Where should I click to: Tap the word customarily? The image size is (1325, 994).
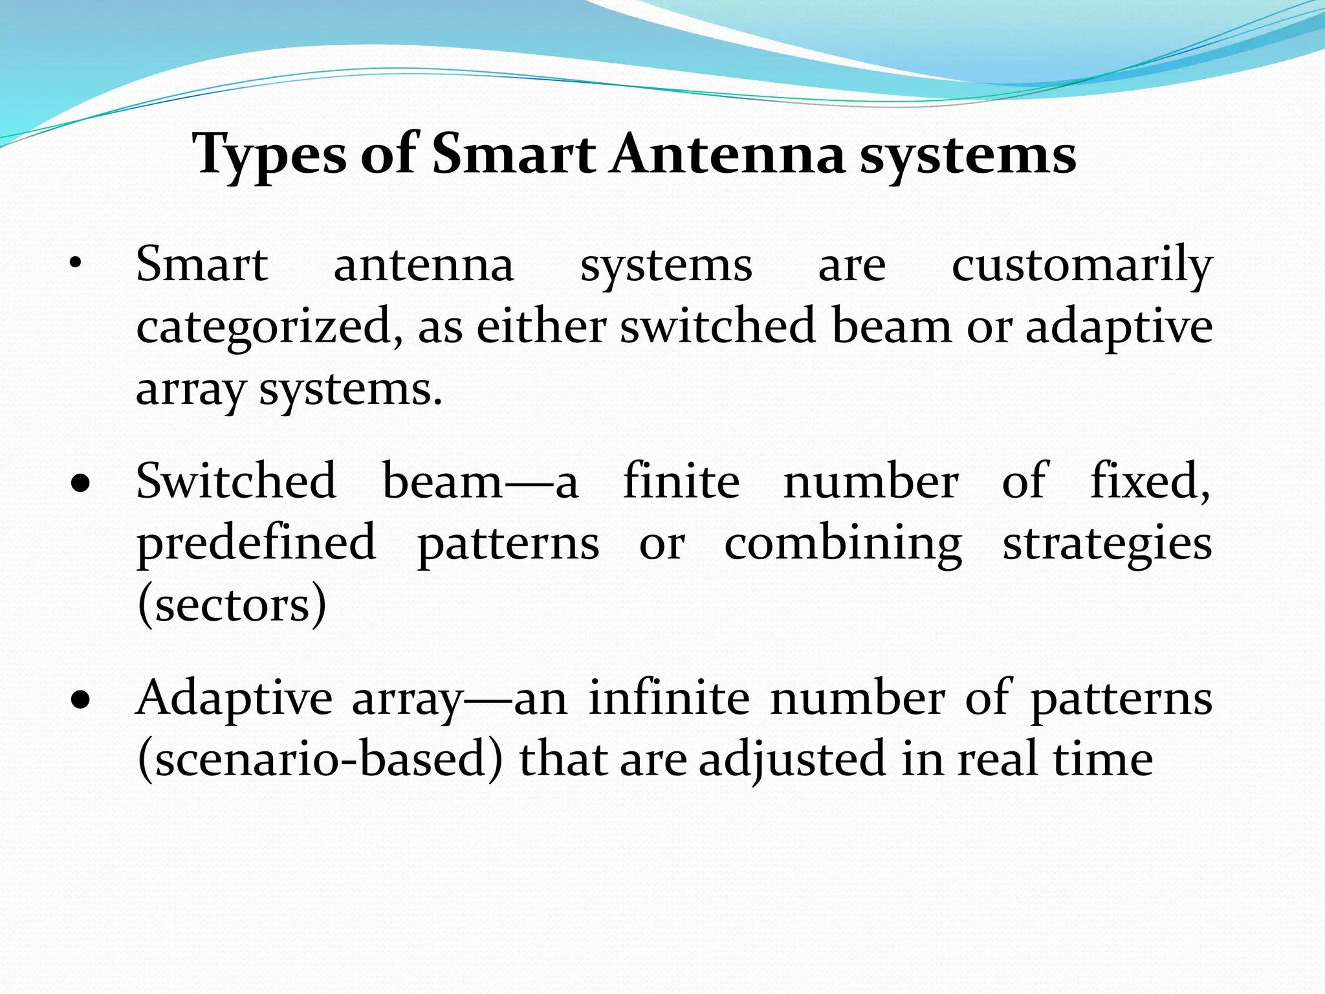pos(1082,265)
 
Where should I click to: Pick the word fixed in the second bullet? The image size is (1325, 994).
pos(1149,481)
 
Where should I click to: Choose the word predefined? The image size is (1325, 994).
pos(256,544)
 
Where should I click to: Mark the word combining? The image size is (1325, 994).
pos(843,544)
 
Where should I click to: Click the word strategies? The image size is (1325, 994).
pos(1107,544)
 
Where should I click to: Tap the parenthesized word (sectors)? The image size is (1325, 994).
pos(232,604)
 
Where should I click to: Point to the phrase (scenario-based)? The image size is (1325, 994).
pos(320,759)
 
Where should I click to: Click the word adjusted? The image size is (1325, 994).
pos(792,759)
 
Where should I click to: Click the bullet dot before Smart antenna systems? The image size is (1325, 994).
pos(76,264)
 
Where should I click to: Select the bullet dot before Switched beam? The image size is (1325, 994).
pos(80,483)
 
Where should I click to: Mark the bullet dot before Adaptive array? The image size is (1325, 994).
pos(80,700)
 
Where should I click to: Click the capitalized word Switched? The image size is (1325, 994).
pos(236,481)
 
